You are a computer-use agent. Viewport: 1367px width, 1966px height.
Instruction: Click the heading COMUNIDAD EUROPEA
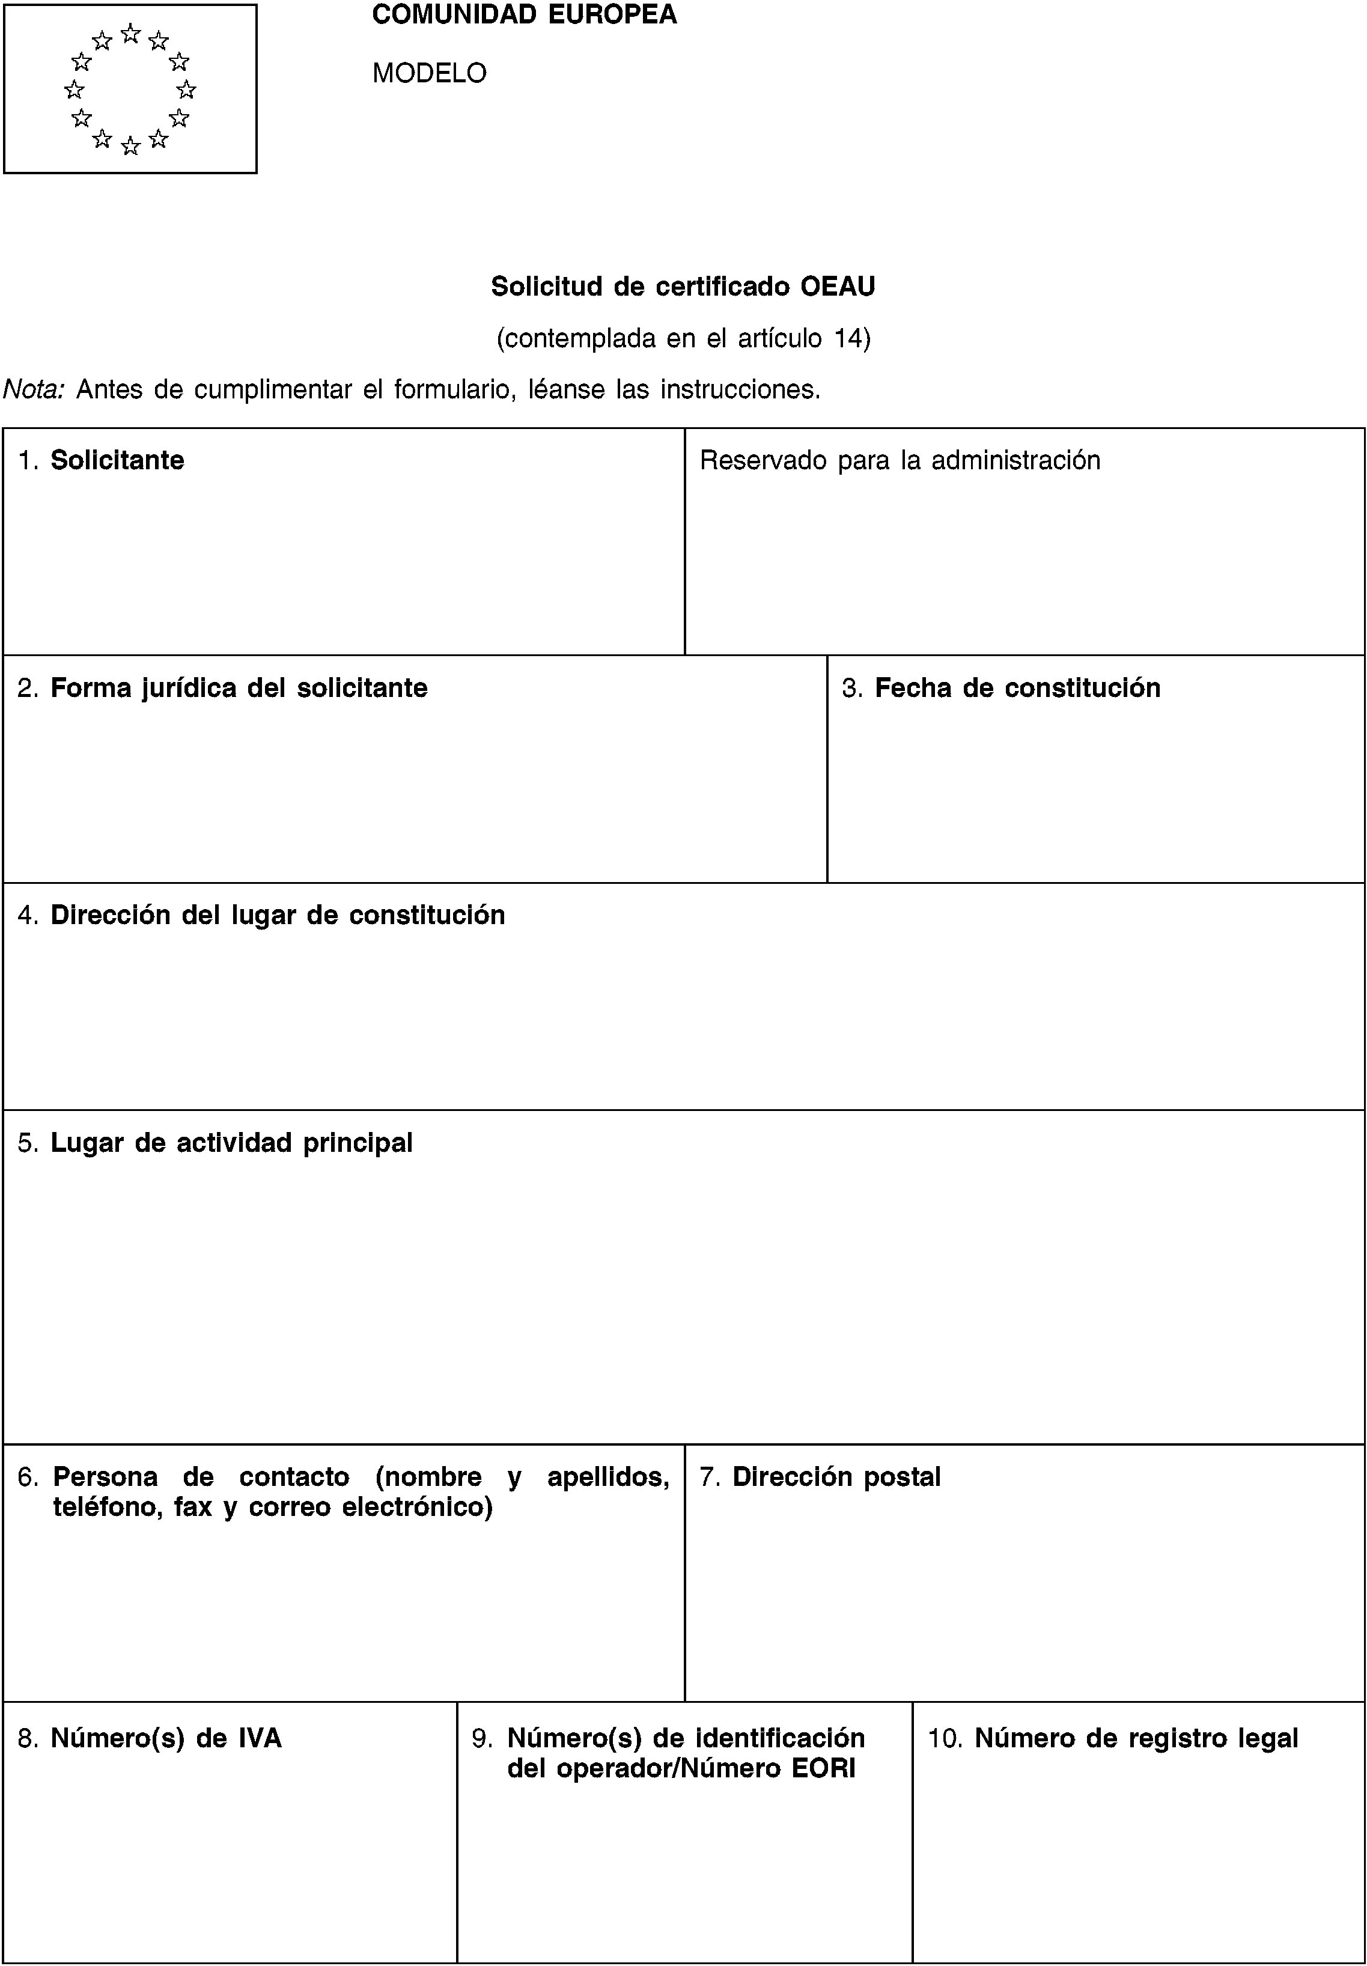click(524, 14)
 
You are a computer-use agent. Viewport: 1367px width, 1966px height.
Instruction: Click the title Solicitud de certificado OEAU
click(683, 287)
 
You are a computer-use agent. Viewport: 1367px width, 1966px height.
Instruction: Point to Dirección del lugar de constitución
click(278, 915)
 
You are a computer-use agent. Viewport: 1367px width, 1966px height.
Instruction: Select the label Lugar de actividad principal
click(231, 1143)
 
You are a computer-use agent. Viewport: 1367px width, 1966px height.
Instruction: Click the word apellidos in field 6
click(607, 1477)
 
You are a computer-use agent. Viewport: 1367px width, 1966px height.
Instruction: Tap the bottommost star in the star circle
click(130, 147)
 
